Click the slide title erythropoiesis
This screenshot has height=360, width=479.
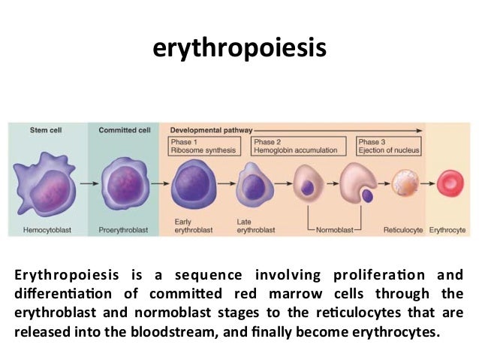[239, 48]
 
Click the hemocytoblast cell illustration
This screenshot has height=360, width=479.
[47, 183]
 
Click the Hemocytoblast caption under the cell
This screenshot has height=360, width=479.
[47, 229]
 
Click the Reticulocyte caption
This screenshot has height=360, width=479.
[404, 229]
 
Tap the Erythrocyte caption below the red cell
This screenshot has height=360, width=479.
[447, 229]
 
